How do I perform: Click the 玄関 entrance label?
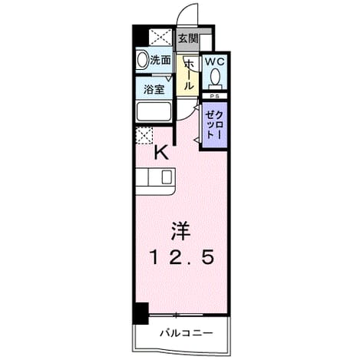188,38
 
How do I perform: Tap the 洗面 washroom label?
160,61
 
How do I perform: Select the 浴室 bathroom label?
154,90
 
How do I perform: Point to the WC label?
215,61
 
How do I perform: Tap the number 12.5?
182,257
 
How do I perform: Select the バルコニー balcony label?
187,333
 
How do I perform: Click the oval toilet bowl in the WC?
215,76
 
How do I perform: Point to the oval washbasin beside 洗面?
142,60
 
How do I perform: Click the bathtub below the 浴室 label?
154,112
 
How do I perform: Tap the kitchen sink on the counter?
167,177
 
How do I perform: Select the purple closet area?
215,124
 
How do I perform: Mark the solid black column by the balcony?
140,313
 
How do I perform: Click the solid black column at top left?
140,36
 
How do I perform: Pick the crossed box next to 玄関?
160,38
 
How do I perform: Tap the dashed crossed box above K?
144,135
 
